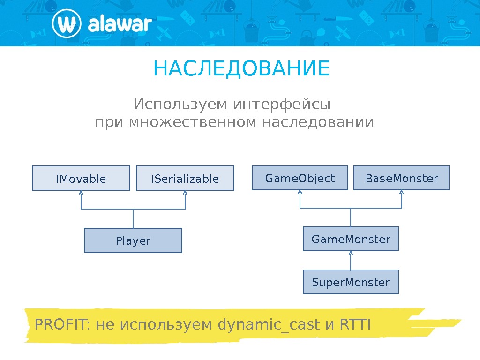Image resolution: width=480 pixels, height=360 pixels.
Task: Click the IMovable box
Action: (81, 178)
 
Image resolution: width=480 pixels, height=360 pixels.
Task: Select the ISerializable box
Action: (185, 178)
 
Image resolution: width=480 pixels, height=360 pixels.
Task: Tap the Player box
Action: (133, 240)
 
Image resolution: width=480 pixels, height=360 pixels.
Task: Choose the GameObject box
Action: (300, 178)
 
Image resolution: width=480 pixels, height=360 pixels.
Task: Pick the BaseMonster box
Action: (401, 178)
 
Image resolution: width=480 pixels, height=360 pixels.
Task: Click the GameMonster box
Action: (351, 239)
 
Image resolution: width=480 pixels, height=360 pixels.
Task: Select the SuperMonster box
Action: (351, 282)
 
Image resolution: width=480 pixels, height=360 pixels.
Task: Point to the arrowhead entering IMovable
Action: (81, 193)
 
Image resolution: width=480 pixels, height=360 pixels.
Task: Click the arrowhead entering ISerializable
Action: (186, 193)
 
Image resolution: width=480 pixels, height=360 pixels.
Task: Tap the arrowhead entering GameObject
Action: (300, 192)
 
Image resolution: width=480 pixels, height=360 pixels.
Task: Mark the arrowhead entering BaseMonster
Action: (402, 192)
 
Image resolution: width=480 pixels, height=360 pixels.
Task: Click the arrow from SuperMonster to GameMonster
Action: (351, 261)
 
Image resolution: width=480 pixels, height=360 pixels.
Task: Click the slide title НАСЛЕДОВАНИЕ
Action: (241, 69)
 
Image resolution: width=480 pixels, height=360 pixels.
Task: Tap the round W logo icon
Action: (66, 24)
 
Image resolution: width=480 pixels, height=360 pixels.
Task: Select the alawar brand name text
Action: (120, 24)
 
